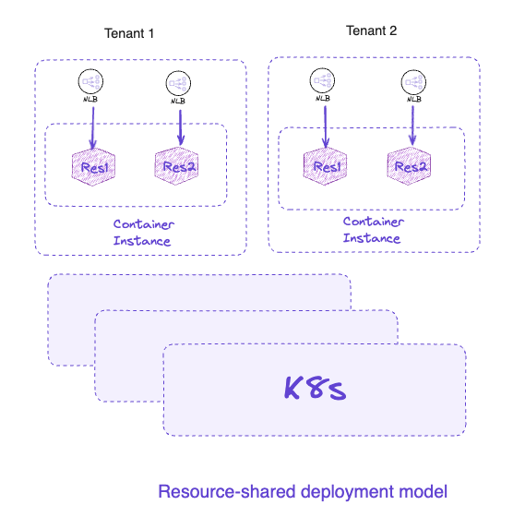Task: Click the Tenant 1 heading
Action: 129,33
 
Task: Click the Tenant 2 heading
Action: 371,30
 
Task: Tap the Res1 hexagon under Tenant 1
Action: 93,167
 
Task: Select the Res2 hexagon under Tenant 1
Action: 176,165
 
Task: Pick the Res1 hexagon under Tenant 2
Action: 325,166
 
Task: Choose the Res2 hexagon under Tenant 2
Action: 409,165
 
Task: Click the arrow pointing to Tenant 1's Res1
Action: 93,127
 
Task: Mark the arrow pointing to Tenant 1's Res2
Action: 181,127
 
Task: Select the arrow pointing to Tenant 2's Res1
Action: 326,126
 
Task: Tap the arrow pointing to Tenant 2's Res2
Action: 412,126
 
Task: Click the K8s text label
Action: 315,389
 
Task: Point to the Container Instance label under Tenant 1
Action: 143,233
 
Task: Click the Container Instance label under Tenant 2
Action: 374,230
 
